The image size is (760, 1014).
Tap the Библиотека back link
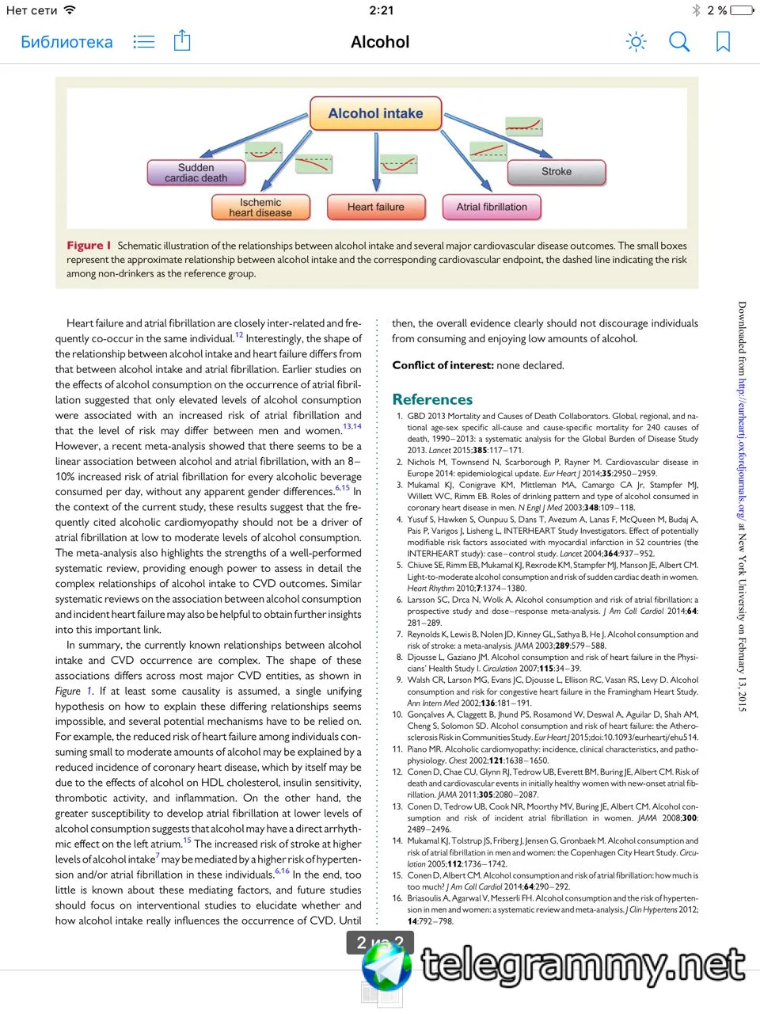pos(66,42)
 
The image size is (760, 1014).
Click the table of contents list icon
pos(143,41)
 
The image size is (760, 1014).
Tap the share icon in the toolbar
pos(182,40)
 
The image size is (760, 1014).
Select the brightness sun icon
pos(636,42)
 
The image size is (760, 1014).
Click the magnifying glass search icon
pos(679,41)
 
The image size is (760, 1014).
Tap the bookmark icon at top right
pos(723,42)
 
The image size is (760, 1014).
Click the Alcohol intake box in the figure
pos(375,114)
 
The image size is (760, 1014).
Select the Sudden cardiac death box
pos(196,173)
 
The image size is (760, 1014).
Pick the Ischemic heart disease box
pos(260,208)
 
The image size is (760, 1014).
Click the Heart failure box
pos(375,208)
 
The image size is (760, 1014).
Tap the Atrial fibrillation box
pos(491,208)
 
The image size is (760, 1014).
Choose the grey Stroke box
pos(556,172)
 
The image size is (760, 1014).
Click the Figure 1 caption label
pos(88,246)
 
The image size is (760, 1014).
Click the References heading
pos(432,399)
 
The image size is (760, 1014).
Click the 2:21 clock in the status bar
pos(381,10)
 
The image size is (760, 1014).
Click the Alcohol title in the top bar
pos(380,42)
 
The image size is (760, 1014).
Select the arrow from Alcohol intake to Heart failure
pos(376,162)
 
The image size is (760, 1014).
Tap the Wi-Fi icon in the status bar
pos(70,10)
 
